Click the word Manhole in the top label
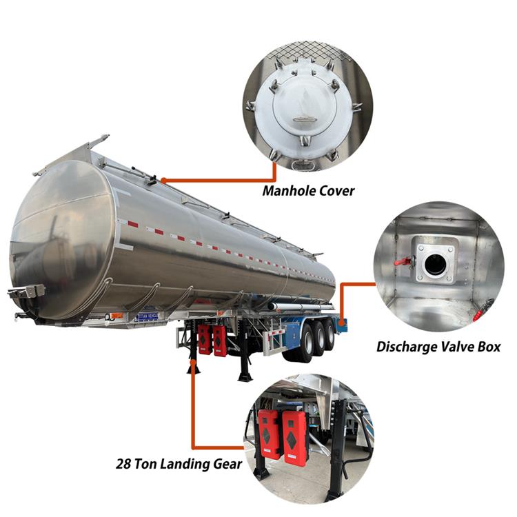[287, 190]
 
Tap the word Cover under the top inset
[334, 190]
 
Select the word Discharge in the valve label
[410, 346]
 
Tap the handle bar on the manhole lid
[304, 119]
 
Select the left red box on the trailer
[205, 339]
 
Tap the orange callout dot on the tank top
[163, 181]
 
